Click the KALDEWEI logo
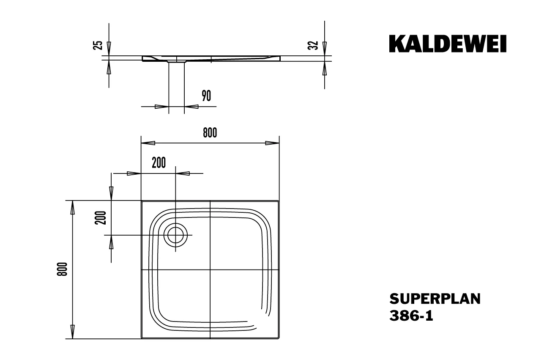pyautogui.click(x=447, y=44)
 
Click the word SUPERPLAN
pyautogui.click(x=435, y=299)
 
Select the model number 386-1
pyautogui.click(x=411, y=316)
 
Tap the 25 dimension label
pyautogui.click(x=98, y=45)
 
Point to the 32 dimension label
pyautogui.click(x=313, y=45)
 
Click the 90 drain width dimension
pyautogui.click(x=206, y=96)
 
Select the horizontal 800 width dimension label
pyautogui.click(x=210, y=133)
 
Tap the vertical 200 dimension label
pyautogui.click(x=101, y=217)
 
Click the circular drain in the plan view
pyautogui.click(x=175, y=235)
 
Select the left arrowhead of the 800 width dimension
pyautogui.click(x=148, y=143)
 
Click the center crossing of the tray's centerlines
pyautogui.click(x=210, y=269)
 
